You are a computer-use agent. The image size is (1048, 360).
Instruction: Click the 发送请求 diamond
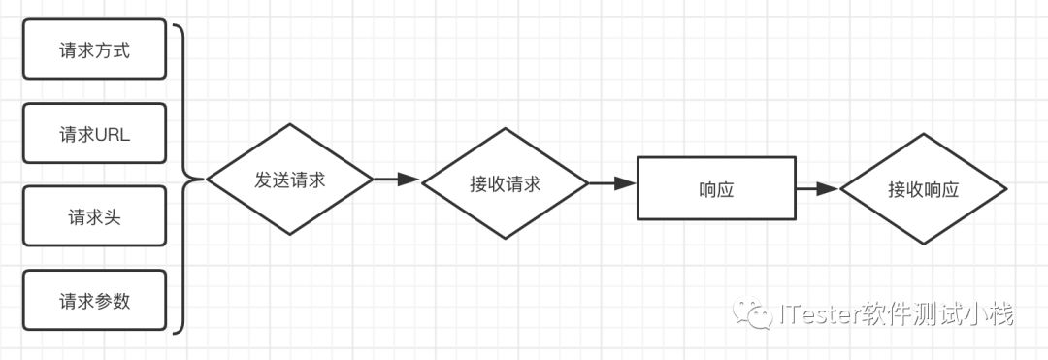pyautogui.click(x=290, y=180)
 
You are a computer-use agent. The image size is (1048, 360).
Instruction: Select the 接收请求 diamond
pyautogui.click(x=505, y=181)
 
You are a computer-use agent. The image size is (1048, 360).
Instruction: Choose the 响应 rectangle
pyautogui.click(x=715, y=189)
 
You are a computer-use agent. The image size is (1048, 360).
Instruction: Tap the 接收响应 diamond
pyautogui.click(x=922, y=190)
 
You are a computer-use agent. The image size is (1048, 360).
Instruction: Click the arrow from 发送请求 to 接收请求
pyautogui.click(x=395, y=180)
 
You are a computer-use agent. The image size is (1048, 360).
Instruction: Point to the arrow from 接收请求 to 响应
pyautogui.click(x=611, y=181)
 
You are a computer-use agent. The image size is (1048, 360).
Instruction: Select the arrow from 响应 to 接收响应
pyautogui.click(x=816, y=189)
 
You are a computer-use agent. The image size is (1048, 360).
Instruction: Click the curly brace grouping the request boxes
pyautogui.click(x=184, y=180)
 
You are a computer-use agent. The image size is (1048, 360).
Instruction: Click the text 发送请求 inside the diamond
pyautogui.click(x=290, y=180)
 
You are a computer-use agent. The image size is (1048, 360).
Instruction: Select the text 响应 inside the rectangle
pyautogui.click(x=715, y=190)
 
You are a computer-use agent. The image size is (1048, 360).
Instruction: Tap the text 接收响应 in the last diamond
pyautogui.click(x=922, y=190)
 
